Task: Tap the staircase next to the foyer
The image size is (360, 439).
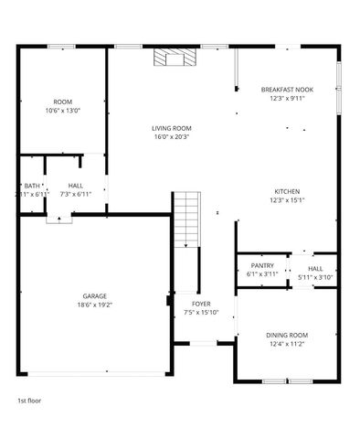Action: point(186,219)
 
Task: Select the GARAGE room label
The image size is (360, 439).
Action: point(95,295)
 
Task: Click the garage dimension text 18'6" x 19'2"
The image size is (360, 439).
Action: point(95,305)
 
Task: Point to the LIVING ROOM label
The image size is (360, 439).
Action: point(171,127)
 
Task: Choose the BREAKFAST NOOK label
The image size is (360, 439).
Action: point(287,89)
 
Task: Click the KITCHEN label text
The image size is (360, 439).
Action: point(287,191)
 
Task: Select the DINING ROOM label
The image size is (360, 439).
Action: point(287,335)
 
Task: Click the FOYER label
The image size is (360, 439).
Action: point(201,303)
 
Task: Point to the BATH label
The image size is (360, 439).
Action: point(32,185)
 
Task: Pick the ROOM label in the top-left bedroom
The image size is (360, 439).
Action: point(62,102)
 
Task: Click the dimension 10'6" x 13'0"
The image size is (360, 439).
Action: point(62,111)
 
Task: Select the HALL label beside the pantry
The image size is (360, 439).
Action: point(315,267)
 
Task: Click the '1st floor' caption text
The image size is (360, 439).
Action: point(29,401)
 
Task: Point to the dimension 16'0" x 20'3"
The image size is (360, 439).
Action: point(171,137)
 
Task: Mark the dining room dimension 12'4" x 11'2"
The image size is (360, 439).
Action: point(287,344)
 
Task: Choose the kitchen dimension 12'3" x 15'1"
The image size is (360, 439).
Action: point(287,200)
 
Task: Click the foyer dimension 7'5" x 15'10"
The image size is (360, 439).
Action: point(201,313)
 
